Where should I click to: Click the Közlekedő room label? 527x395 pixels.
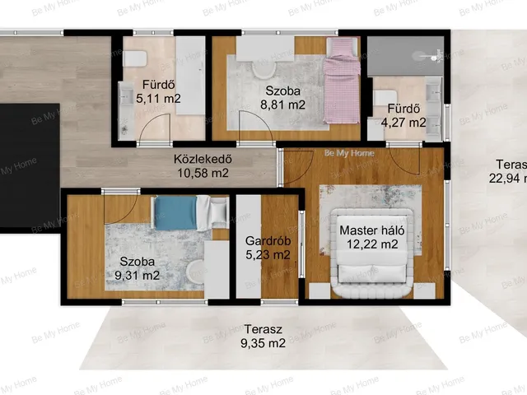pyautogui.click(x=203, y=159)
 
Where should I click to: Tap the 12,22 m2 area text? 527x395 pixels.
pyautogui.click(x=372, y=244)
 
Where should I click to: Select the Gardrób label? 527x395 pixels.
pyautogui.click(x=268, y=241)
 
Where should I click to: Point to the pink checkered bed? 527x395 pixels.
pyautogui.click(x=343, y=81)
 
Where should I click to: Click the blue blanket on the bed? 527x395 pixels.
pyautogui.click(x=175, y=213)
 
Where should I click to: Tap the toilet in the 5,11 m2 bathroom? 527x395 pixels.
pyautogui.click(x=135, y=59)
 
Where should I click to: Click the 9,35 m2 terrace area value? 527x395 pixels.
pyautogui.click(x=263, y=343)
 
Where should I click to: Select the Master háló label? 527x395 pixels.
pyautogui.click(x=372, y=230)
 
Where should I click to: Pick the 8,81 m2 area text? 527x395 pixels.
pyautogui.click(x=283, y=105)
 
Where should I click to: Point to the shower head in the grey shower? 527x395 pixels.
pyautogui.click(x=436, y=56)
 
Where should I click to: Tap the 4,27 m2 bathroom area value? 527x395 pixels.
pyautogui.click(x=403, y=123)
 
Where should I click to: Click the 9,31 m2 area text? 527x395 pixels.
pyautogui.click(x=138, y=276)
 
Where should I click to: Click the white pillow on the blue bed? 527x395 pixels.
pyautogui.click(x=218, y=211)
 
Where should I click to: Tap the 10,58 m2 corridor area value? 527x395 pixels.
pyautogui.click(x=203, y=173)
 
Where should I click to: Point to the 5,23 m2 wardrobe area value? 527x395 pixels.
pyautogui.click(x=268, y=254)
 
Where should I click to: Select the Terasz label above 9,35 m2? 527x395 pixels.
pyautogui.click(x=263, y=329)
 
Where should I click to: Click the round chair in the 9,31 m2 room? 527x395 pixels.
pyautogui.click(x=196, y=271)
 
